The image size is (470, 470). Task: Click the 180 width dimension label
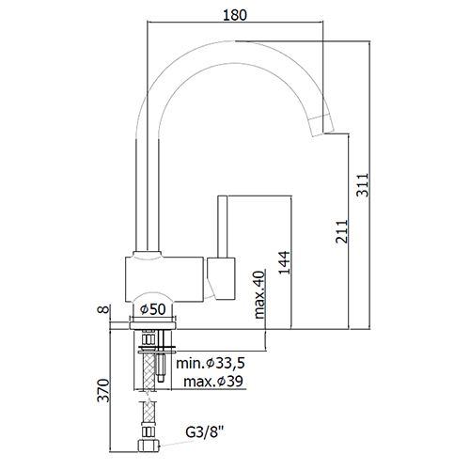235,15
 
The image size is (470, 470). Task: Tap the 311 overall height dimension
363,185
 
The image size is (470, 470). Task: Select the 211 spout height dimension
342,231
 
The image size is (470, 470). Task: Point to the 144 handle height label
285,262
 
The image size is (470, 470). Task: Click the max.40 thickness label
259,295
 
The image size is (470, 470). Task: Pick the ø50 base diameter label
153,309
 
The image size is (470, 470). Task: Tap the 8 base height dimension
104,309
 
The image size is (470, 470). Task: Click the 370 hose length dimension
103,390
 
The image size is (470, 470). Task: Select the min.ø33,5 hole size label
211,363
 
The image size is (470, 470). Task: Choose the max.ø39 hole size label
213,382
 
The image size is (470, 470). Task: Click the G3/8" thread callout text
205,431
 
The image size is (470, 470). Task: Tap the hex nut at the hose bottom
149,446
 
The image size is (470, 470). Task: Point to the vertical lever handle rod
222,227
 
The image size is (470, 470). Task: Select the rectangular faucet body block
164,279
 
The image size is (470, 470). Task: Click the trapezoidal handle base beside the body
221,278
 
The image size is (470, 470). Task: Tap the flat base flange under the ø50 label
152,325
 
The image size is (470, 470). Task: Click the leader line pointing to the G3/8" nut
177,444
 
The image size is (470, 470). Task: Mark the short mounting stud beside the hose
162,368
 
